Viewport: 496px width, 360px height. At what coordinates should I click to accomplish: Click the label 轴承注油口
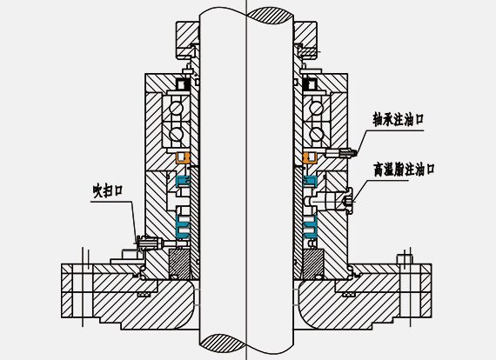[398, 119]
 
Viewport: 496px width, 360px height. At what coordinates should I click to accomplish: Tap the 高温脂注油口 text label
[404, 170]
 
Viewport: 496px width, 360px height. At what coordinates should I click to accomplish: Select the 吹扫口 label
[108, 190]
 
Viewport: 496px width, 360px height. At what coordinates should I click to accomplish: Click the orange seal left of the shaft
[183, 157]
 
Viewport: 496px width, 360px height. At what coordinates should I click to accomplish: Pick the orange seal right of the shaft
[310, 157]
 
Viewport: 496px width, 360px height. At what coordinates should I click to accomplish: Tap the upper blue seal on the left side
[183, 181]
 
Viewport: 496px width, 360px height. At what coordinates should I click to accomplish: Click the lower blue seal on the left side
[183, 227]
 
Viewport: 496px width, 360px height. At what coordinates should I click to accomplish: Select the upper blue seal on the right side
[310, 181]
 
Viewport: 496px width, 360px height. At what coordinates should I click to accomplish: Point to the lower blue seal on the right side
[310, 227]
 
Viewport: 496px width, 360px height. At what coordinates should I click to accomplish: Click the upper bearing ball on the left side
[176, 108]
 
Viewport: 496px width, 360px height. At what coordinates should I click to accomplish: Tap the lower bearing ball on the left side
[176, 134]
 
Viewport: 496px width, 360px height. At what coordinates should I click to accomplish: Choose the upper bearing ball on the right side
[316, 108]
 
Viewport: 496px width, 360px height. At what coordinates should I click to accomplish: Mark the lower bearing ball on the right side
[316, 134]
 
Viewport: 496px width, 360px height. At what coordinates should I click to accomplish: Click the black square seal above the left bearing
[183, 84]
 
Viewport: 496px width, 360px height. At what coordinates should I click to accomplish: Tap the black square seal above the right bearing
[310, 84]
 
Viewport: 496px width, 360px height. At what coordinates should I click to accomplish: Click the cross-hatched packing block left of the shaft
[179, 264]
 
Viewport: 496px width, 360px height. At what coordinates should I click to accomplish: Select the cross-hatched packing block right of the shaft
[313, 264]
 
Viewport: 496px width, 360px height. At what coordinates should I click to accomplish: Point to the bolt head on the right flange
[405, 258]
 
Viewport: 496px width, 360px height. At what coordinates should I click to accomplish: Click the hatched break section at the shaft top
[270, 16]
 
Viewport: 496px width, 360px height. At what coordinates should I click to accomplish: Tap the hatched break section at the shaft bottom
[223, 342]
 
